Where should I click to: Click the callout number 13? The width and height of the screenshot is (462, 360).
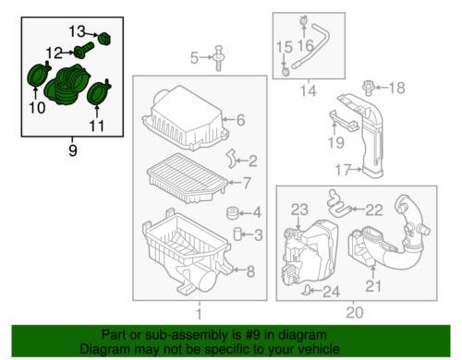pyautogui.click(x=77, y=31)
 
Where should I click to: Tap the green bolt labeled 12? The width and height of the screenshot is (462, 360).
pyautogui.click(x=83, y=51)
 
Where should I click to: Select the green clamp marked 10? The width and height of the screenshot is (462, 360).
pyautogui.click(x=38, y=75)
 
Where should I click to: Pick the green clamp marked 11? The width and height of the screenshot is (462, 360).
pyautogui.click(x=98, y=91)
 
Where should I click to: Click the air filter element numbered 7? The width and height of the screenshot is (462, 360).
pyautogui.click(x=188, y=178)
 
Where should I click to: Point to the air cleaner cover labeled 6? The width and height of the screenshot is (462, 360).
pyautogui.click(x=186, y=119)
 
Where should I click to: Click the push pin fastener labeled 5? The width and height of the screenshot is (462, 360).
pyautogui.click(x=218, y=58)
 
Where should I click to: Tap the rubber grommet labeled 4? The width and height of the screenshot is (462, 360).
pyautogui.click(x=233, y=213)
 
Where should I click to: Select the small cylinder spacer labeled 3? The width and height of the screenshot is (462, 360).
pyautogui.click(x=237, y=234)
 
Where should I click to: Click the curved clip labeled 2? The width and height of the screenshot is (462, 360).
pyautogui.click(x=232, y=159)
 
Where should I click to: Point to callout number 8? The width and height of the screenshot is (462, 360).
pyautogui.click(x=250, y=271)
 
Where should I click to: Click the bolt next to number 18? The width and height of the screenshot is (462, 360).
pyautogui.click(x=367, y=88)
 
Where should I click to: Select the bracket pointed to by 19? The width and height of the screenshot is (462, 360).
pyautogui.click(x=344, y=119)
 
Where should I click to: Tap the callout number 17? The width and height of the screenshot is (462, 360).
pyautogui.click(x=343, y=170)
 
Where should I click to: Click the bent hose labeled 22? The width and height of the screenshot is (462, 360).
pyautogui.click(x=337, y=203)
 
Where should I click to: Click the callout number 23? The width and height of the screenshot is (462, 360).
pyautogui.click(x=299, y=210)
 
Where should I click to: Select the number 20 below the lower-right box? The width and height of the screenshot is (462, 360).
pyautogui.click(x=355, y=313)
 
